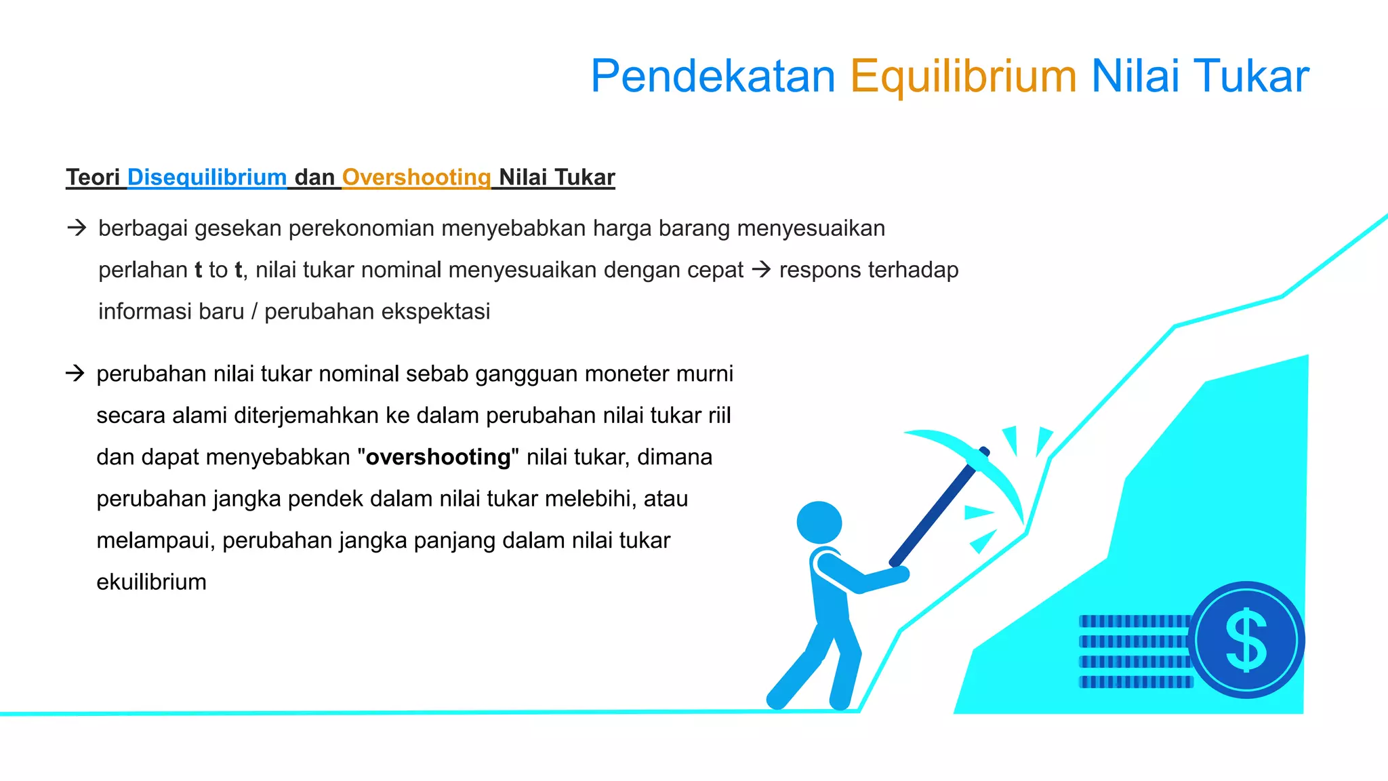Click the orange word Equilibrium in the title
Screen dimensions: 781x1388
coord(962,76)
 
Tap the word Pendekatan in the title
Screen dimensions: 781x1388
coord(713,76)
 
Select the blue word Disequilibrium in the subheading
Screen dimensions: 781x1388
coord(207,177)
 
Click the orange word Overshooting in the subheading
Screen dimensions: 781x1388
coord(416,177)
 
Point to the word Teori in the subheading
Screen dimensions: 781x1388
coord(93,177)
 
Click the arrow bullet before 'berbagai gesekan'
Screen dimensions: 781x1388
coord(77,228)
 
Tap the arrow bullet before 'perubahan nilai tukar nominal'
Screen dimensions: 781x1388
coord(75,373)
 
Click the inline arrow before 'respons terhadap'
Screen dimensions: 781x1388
coord(762,270)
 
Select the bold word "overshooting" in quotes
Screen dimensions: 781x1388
coord(438,457)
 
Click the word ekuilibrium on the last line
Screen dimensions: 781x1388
coord(151,582)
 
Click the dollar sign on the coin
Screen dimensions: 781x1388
coord(1246,640)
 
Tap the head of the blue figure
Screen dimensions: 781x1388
coord(819,522)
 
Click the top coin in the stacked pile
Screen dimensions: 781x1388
coord(1133,621)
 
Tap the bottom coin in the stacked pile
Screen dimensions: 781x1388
coord(1135,682)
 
